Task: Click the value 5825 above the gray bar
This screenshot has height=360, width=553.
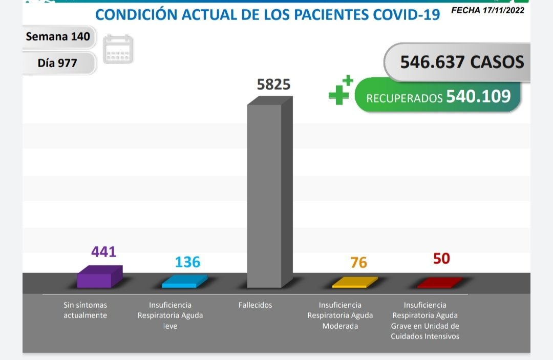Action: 273,84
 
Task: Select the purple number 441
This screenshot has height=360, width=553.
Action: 104,252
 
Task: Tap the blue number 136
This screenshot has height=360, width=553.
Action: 187,262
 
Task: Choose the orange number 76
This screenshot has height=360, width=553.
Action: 358,263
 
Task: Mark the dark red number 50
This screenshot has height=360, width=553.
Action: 441,259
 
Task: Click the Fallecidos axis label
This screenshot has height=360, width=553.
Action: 255,305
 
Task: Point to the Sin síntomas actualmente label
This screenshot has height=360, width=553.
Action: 86,310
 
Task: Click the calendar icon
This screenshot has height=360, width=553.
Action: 118,50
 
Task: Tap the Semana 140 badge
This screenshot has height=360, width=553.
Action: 58,37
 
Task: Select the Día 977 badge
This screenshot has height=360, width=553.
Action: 57,63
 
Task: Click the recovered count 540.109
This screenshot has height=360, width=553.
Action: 478,96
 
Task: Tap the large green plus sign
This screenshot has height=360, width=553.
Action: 338,95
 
